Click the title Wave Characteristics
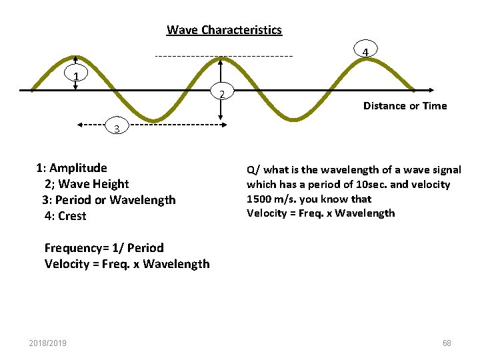pyautogui.click(x=224, y=30)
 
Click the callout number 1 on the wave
pyautogui.click(x=77, y=76)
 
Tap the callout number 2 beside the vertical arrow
pyautogui.click(x=221, y=93)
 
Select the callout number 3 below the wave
pyautogui.click(x=117, y=129)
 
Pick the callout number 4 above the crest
pyautogui.click(x=365, y=51)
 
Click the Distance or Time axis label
pyautogui.click(x=405, y=106)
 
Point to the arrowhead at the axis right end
pyautogui.click(x=433, y=89)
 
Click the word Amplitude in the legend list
pyautogui.click(x=78, y=168)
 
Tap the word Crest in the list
pyautogui.click(x=73, y=216)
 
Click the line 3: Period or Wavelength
pyautogui.click(x=109, y=200)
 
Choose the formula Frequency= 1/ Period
pyautogui.click(x=104, y=248)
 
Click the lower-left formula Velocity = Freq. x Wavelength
pyautogui.click(x=127, y=264)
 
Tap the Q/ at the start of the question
pyautogui.click(x=253, y=170)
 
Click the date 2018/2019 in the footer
pyautogui.click(x=47, y=343)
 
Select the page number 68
pyautogui.click(x=447, y=343)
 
